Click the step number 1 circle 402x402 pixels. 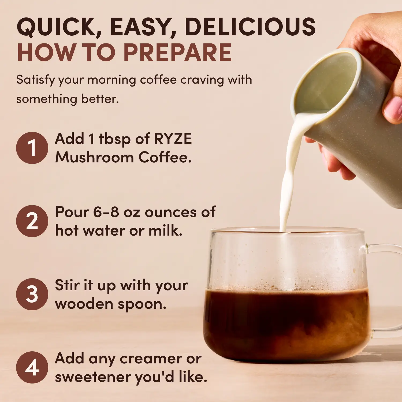tap(32, 148)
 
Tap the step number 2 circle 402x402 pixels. tap(32, 221)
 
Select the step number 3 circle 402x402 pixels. tap(32, 294)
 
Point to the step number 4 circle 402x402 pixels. tap(32, 367)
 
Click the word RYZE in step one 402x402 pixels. tap(173, 139)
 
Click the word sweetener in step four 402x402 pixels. tap(92, 377)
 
